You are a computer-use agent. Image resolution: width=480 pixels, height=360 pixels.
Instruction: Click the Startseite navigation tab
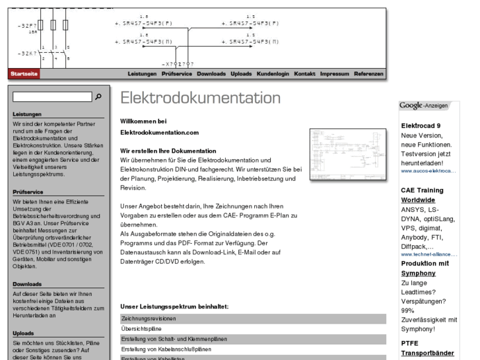tap(24, 74)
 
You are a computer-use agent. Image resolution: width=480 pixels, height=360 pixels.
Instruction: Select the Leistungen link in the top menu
tap(142, 74)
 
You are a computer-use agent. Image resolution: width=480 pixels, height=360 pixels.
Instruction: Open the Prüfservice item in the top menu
tap(177, 74)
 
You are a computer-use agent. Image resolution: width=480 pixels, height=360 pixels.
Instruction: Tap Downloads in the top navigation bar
tap(211, 74)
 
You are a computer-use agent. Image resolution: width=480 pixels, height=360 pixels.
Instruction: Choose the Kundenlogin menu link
tap(273, 74)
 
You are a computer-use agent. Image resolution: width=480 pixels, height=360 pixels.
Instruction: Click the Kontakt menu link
tap(304, 74)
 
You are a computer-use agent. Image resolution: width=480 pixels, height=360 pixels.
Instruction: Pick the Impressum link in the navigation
tap(335, 74)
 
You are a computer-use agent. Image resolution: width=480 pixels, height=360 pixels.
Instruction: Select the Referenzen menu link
tap(368, 74)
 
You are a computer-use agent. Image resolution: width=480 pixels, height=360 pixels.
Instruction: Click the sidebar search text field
tap(52, 97)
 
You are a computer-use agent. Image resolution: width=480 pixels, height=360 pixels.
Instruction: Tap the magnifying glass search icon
tap(98, 97)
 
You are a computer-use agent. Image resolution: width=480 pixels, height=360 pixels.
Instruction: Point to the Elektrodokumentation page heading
tap(200, 98)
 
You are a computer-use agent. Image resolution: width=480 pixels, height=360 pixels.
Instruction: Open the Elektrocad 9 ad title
tap(421, 126)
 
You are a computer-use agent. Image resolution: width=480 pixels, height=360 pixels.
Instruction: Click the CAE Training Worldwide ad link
tap(422, 195)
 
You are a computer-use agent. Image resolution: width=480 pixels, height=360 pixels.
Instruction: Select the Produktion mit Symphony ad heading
tap(425, 268)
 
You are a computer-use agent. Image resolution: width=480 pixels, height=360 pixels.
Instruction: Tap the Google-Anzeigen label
tap(423, 106)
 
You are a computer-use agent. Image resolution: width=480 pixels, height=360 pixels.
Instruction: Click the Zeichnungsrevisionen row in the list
tap(253, 319)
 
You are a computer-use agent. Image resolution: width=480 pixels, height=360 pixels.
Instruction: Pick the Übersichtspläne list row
tap(253, 329)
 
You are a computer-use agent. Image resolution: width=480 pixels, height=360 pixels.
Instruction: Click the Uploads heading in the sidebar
tap(23, 334)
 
